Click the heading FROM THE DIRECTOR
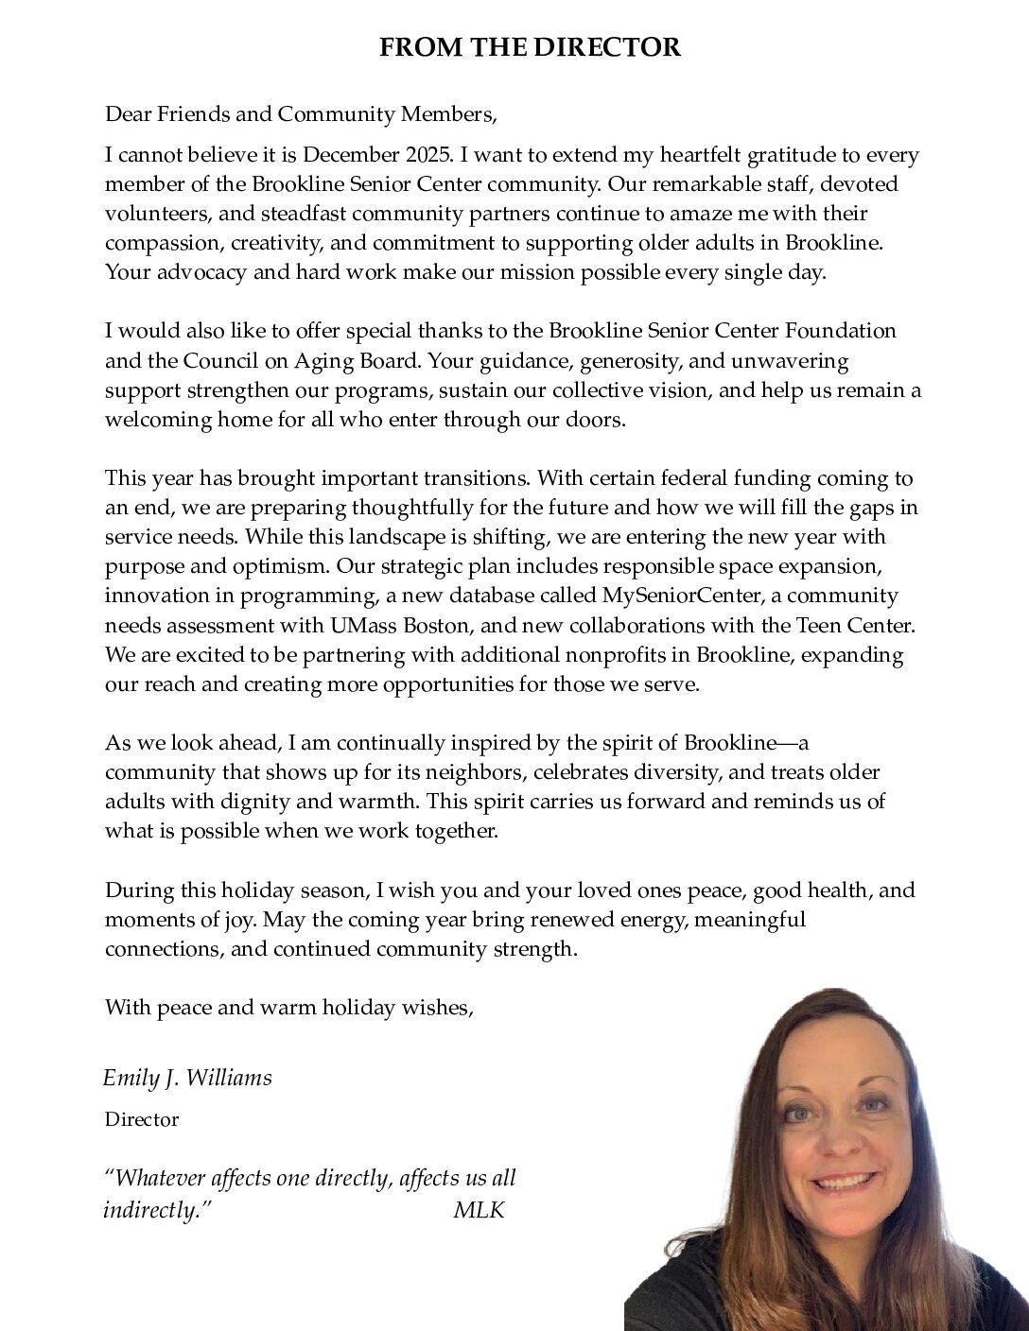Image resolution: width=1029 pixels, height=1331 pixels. (x=530, y=47)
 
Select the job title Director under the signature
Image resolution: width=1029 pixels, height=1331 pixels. (x=142, y=1120)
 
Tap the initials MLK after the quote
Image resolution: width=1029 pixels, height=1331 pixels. (x=479, y=1210)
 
